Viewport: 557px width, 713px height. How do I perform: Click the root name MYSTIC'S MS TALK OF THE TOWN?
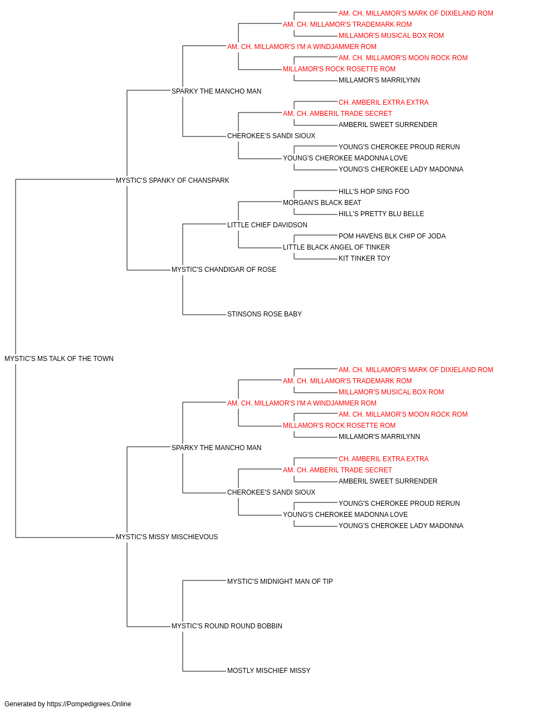[59, 359]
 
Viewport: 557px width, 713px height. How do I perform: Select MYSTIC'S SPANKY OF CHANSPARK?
[172, 180]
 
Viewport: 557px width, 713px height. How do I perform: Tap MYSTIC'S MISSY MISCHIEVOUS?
[167, 537]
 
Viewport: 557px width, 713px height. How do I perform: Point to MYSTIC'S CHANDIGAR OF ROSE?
[224, 270]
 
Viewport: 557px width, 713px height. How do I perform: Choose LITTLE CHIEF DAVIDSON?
[267, 224]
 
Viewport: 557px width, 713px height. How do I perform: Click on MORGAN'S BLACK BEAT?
[322, 202]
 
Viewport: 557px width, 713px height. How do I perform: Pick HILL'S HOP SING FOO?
[374, 191]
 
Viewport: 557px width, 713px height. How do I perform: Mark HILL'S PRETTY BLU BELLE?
[381, 213]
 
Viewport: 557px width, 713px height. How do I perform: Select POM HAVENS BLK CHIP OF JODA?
[392, 236]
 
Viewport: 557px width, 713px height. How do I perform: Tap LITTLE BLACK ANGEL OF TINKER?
[336, 247]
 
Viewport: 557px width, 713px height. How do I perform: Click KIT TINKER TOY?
[364, 258]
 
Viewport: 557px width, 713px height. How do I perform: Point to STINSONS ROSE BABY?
[265, 314]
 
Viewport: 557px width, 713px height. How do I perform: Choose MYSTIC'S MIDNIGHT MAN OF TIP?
[280, 582]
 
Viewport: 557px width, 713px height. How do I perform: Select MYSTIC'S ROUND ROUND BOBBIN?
[227, 626]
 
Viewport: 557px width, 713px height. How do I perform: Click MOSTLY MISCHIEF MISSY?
[268, 671]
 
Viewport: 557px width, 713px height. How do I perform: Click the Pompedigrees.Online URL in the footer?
[89, 704]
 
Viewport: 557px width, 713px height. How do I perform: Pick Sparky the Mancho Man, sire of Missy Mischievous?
[216, 447]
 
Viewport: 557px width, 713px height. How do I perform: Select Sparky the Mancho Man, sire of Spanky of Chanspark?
[216, 91]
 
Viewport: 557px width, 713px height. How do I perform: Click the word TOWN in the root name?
[104, 359]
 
